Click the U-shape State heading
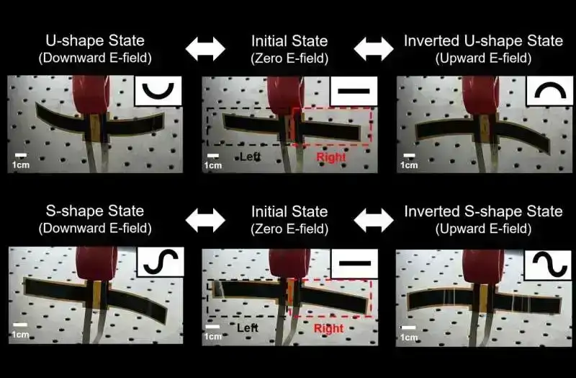(95, 40)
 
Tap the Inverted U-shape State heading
(483, 40)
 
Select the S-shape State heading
(95, 211)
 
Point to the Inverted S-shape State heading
(483, 211)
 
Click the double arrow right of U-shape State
(205, 48)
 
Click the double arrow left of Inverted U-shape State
(374, 48)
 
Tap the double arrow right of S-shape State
(205, 221)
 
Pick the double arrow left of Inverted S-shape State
(374, 221)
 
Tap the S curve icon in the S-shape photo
(161, 262)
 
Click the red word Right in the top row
(331, 157)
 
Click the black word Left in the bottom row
(248, 328)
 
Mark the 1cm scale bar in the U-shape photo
(21, 155)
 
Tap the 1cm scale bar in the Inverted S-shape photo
(408, 328)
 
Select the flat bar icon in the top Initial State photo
(354, 91)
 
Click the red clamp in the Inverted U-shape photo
(480, 95)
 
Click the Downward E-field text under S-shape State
(95, 228)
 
